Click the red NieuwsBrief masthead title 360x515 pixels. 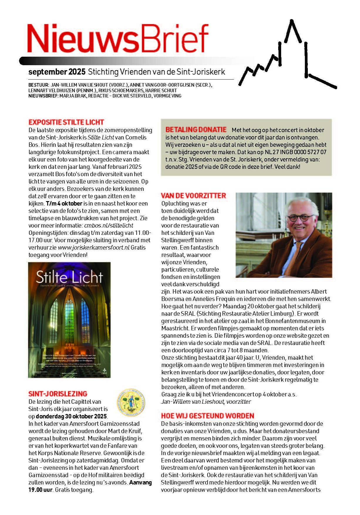[x=117, y=38]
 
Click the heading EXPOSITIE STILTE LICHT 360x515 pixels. [x=66, y=122]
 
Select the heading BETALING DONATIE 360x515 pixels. [x=196, y=130]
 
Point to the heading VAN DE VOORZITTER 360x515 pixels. [x=193, y=196]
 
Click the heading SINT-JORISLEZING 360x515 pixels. [x=58, y=394]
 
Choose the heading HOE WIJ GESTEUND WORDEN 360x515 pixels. [x=207, y=416]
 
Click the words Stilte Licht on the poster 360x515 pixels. [x=69, y=277]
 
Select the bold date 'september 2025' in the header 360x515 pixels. [x=57, y=72]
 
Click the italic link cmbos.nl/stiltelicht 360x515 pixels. [x=109, y=225]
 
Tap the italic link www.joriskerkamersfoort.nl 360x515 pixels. [x=94, y=248]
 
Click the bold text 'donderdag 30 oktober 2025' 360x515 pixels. [x=71, y=416]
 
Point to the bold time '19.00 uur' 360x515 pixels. [x=40, y=490]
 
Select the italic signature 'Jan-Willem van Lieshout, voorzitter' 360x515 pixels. [x=206, y=401]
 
